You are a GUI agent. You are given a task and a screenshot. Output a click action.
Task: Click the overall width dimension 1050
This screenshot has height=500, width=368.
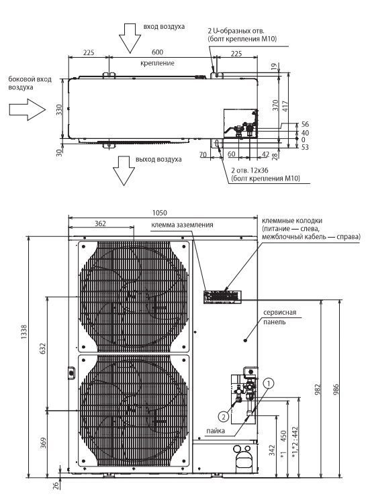(x=160, y=213)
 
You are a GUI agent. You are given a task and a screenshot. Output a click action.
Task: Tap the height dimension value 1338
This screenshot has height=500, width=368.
(x=24, y=332)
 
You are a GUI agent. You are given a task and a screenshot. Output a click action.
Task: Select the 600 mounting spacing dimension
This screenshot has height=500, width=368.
(x=157, y=52)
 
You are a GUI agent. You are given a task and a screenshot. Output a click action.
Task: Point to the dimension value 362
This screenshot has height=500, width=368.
(x=100, y=223)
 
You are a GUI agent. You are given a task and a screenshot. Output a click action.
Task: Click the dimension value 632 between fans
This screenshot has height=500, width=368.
(x=43, y=348)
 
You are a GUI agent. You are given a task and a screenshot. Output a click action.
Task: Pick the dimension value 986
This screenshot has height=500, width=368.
(x=336, y=390)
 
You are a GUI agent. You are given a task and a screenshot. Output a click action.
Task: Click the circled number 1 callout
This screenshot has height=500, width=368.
(x=269, y=383)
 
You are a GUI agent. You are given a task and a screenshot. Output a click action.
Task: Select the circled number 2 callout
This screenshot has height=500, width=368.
(x=224, y=416)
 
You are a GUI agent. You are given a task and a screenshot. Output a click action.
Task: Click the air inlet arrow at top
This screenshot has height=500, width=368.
(x=130, y=38)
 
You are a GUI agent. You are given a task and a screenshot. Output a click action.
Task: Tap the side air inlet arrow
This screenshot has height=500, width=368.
(x=28, y=109)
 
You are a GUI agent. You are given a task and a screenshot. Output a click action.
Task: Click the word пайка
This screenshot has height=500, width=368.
(x=216, y=431)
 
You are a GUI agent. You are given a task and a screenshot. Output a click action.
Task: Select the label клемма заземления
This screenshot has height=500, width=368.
(x=182, y=225)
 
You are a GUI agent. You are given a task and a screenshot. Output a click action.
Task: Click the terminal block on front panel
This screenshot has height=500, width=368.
(x=222, y=297)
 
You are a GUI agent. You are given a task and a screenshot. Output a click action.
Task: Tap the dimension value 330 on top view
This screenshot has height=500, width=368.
(x=59, y=109)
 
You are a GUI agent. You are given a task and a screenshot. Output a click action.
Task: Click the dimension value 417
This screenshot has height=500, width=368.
(x=285, y=106)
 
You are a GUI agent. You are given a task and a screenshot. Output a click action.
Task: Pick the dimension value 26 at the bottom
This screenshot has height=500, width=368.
(x=56, y=486)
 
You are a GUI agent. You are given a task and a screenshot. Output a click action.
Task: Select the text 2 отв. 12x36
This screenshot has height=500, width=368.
(x=250, y=170)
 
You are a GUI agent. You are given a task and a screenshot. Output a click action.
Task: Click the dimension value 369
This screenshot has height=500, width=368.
(x=43, y=443)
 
